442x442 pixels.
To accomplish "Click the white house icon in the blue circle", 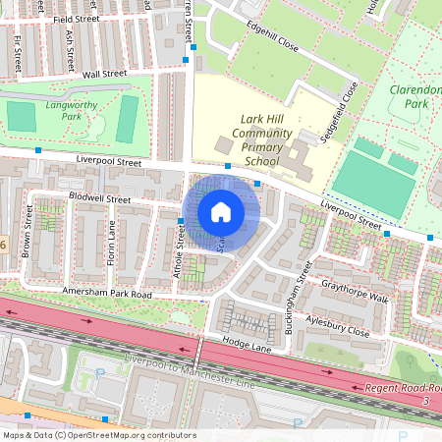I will [221, 212].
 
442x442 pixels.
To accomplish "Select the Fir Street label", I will [19, 53].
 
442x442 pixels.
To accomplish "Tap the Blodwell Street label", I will [100, 198].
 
